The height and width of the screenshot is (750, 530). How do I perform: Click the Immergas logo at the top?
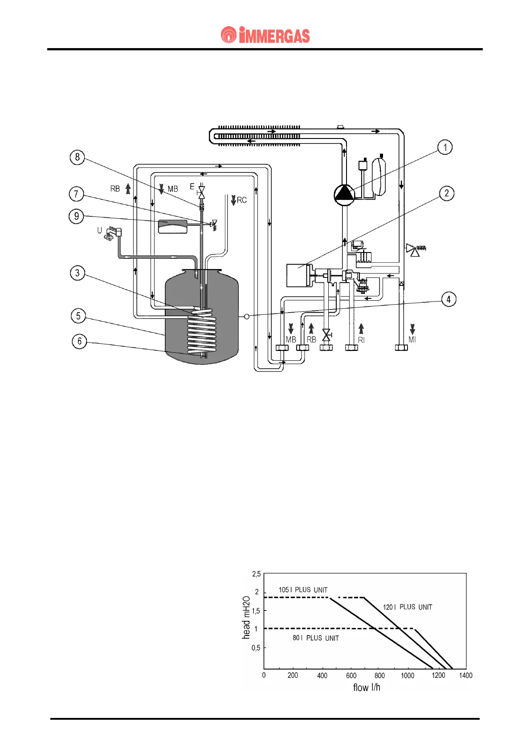[265, 35]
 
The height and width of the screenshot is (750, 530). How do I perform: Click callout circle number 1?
[444, 147]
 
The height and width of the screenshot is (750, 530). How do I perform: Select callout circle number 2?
[446, 194]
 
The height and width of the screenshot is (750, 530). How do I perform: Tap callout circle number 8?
[77, 157]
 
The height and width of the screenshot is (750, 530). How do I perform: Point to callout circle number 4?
[448, 299]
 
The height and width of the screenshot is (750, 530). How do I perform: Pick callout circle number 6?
[79, 342]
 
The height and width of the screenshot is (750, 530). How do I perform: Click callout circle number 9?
[76, 216]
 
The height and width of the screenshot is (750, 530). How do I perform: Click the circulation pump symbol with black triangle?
[344, 194]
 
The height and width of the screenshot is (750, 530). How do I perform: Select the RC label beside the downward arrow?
[241, 200]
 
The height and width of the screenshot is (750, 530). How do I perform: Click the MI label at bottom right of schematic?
[412, 340]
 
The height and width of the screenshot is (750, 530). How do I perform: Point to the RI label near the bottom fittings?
[361, 340]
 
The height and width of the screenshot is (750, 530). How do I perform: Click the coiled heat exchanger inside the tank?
[203, 332]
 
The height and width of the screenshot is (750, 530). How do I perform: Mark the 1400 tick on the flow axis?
[465, 676]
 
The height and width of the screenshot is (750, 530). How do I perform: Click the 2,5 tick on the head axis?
[257, 574]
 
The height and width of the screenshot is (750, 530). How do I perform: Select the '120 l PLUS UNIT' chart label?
[407, 607]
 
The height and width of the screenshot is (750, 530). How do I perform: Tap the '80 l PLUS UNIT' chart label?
[315, 638]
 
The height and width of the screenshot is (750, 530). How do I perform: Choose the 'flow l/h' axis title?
[367, 688]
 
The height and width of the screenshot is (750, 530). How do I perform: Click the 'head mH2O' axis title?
[246, 617]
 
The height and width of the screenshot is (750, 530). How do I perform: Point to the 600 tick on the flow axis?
[351, 676]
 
